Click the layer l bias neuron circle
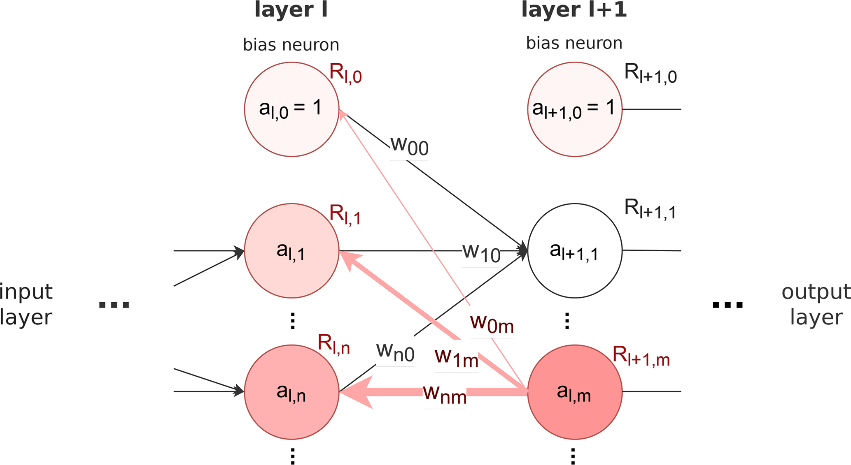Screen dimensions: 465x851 [x=291, y=109]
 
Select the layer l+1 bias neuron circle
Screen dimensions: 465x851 [x=575, y=109]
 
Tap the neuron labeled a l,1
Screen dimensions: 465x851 [x=291, y=250]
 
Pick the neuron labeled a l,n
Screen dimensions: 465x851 [x=291, y=392]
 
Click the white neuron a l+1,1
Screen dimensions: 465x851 [x=575, y=250]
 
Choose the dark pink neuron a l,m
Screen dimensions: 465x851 [x=575, y=392]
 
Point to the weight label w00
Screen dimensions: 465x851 [x=409, y=146]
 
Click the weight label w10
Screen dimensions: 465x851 [x=481, y=252]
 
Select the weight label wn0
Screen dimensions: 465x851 [x=395, y=352]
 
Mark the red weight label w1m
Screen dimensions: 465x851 [x=457, y=358]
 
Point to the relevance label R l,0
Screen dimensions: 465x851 [x=345, y=74]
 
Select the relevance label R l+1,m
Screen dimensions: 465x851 [x=641, y=356]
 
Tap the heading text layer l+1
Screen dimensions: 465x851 [x=574, y=10]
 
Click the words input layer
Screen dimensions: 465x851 [x=26, y=304]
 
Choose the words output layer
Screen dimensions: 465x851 [x=816, y=304]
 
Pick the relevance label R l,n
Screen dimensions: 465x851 [x=333, y=344]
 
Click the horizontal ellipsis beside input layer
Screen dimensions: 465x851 [x=114, y=305]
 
